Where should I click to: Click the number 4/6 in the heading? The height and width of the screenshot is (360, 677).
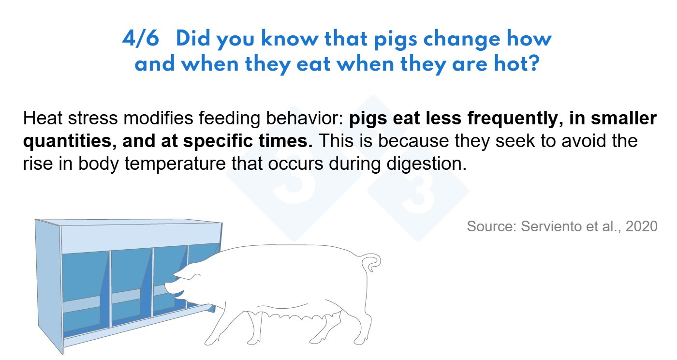(x=141, y=38)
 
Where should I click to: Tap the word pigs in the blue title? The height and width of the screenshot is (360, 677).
(x=396, y=40)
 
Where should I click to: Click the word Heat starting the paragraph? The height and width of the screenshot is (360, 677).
(x=43, y=118)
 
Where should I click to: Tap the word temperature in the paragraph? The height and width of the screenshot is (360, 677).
(x=175, y=164)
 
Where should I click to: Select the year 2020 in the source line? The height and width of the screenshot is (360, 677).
(x=641, y=226)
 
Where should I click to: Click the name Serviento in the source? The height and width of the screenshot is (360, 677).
(x=550, y=226)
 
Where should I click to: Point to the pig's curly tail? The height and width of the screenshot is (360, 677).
(x=372, y=263)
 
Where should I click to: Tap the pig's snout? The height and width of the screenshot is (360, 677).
(x=170, y=288)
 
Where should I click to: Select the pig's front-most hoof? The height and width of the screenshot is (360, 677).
(x=211, y=341)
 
